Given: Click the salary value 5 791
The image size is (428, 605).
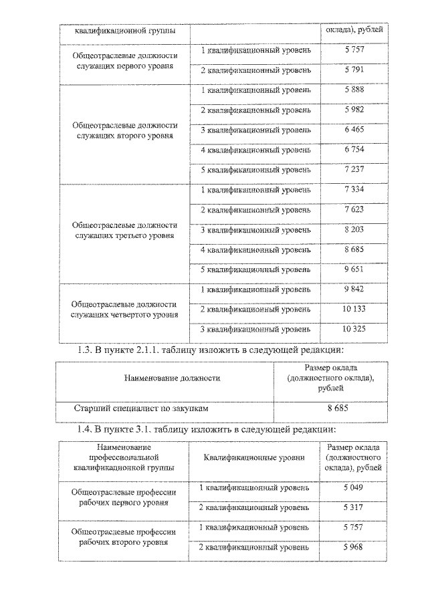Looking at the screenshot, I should click(x=354, y=69).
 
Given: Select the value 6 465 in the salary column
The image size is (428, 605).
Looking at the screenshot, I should click(x=354, y=129).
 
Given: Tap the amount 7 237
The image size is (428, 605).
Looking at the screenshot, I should click(x=354, y=169).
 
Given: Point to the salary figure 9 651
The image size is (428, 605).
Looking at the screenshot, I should click(x=354, y=269).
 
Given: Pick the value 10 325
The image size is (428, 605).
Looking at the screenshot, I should click(x=354, y=329).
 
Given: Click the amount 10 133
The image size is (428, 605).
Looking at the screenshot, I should click(x=354, y=309).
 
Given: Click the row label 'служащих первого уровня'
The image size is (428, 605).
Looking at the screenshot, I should click(x=125, y=67).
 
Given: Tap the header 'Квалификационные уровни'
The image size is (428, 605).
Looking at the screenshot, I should click(x=254, y=457).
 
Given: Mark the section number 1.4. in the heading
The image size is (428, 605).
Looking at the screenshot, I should click(x=88, y=429).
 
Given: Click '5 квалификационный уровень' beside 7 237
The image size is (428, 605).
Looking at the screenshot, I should click(x=256, y=170).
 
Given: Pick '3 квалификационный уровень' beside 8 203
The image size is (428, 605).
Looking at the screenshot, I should click(x=256, y=230).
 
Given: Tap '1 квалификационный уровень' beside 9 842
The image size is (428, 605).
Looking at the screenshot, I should click(x=256, y=289).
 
